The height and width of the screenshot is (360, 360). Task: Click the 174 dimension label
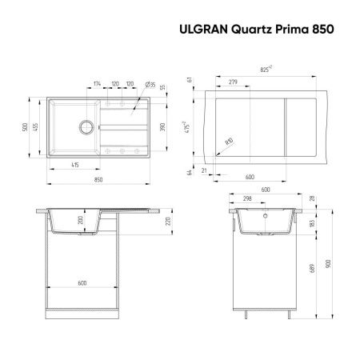tap(96, 83)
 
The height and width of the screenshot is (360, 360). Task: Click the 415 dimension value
tap(74, 166)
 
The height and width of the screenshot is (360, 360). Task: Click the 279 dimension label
tap(233, 82)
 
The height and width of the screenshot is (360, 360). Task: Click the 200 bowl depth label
tap(78, 221)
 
